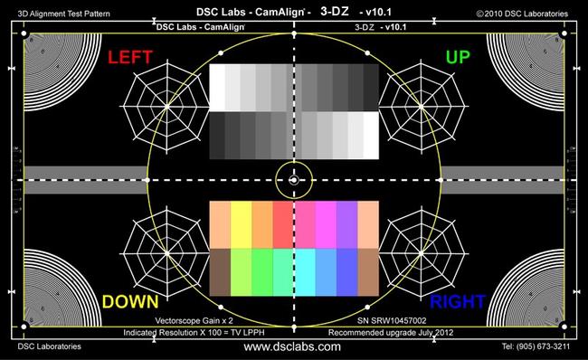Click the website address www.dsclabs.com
coord(293,346)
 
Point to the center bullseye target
coord(294,181)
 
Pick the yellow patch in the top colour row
coord(242,223)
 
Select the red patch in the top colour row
coord(283,223)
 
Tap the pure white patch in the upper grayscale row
coord(217,87)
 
